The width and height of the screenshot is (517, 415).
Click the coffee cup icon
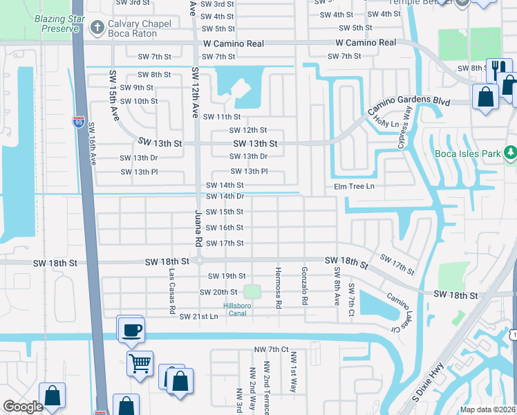click(130, 329)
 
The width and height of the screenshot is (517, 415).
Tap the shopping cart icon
click(140, 362)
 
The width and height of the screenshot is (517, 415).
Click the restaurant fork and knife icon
click(498, 68)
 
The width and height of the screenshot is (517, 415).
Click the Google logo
click(23, 407)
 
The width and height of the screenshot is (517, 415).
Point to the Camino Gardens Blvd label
click(408, 104)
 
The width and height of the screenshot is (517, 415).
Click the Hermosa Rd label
click(278, 287)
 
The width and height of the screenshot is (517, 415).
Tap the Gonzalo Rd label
click(303, 287)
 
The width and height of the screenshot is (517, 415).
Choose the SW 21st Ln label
click(198, 316)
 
